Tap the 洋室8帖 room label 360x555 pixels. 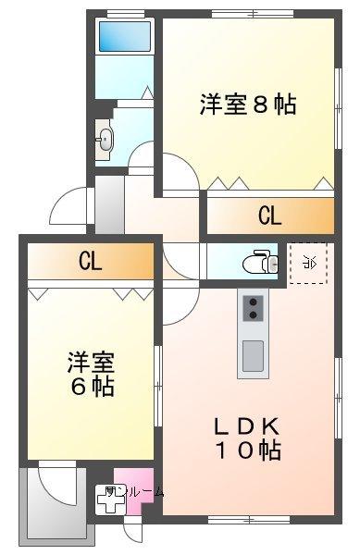247,104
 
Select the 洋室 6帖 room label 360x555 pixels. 91,373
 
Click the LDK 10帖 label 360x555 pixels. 248,438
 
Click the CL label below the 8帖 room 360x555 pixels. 269,216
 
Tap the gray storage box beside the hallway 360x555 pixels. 108,203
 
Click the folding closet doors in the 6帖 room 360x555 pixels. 89,293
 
